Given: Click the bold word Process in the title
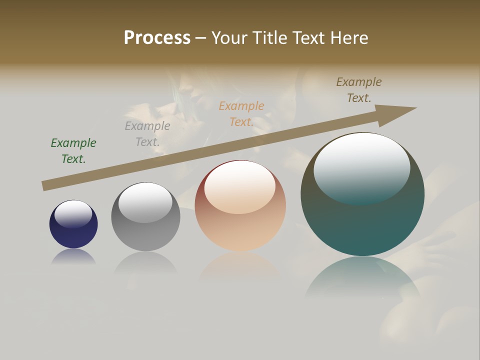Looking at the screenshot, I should click(x=157, y=38).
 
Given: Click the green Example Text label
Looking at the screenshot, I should click(x=73, y=151).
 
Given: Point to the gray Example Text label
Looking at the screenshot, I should click(x=147, y=134).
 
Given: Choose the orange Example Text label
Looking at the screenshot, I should click(x=241, y=114).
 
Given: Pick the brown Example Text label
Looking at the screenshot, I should click(x=359, y=90).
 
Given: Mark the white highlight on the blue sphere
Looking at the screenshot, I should click(x=73, y=214).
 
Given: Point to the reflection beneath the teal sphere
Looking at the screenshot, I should click(x=362, y=277).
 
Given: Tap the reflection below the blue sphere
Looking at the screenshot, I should click(x=73, y=256).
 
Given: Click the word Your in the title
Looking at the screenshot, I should click(x=228, y=38).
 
